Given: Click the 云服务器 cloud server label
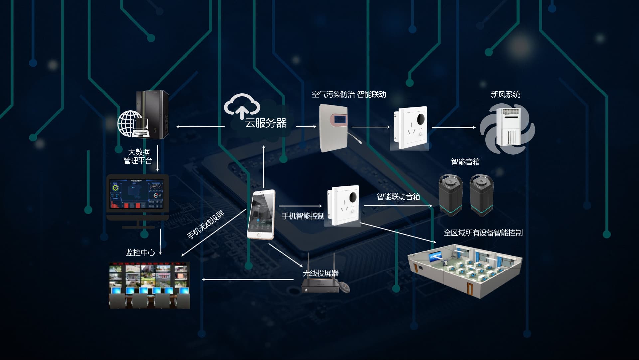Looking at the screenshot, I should [266, 123].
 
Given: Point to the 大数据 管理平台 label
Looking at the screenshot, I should [138, 157].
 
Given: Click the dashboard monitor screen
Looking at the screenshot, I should [137, 195].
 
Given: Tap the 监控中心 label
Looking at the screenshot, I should [140, 252].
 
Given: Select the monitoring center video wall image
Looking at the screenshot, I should [149, 285].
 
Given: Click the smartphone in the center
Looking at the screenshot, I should [261, 214].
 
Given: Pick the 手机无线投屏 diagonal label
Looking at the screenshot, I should [205, 225].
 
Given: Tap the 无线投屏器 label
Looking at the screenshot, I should [321, 273].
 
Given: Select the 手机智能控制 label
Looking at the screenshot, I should [303, 216].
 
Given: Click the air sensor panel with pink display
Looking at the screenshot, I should [333, 128].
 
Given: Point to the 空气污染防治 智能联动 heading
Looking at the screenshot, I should [349, 95].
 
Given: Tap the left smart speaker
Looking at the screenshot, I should [450, 196].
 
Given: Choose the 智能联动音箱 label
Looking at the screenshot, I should [398, 197].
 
